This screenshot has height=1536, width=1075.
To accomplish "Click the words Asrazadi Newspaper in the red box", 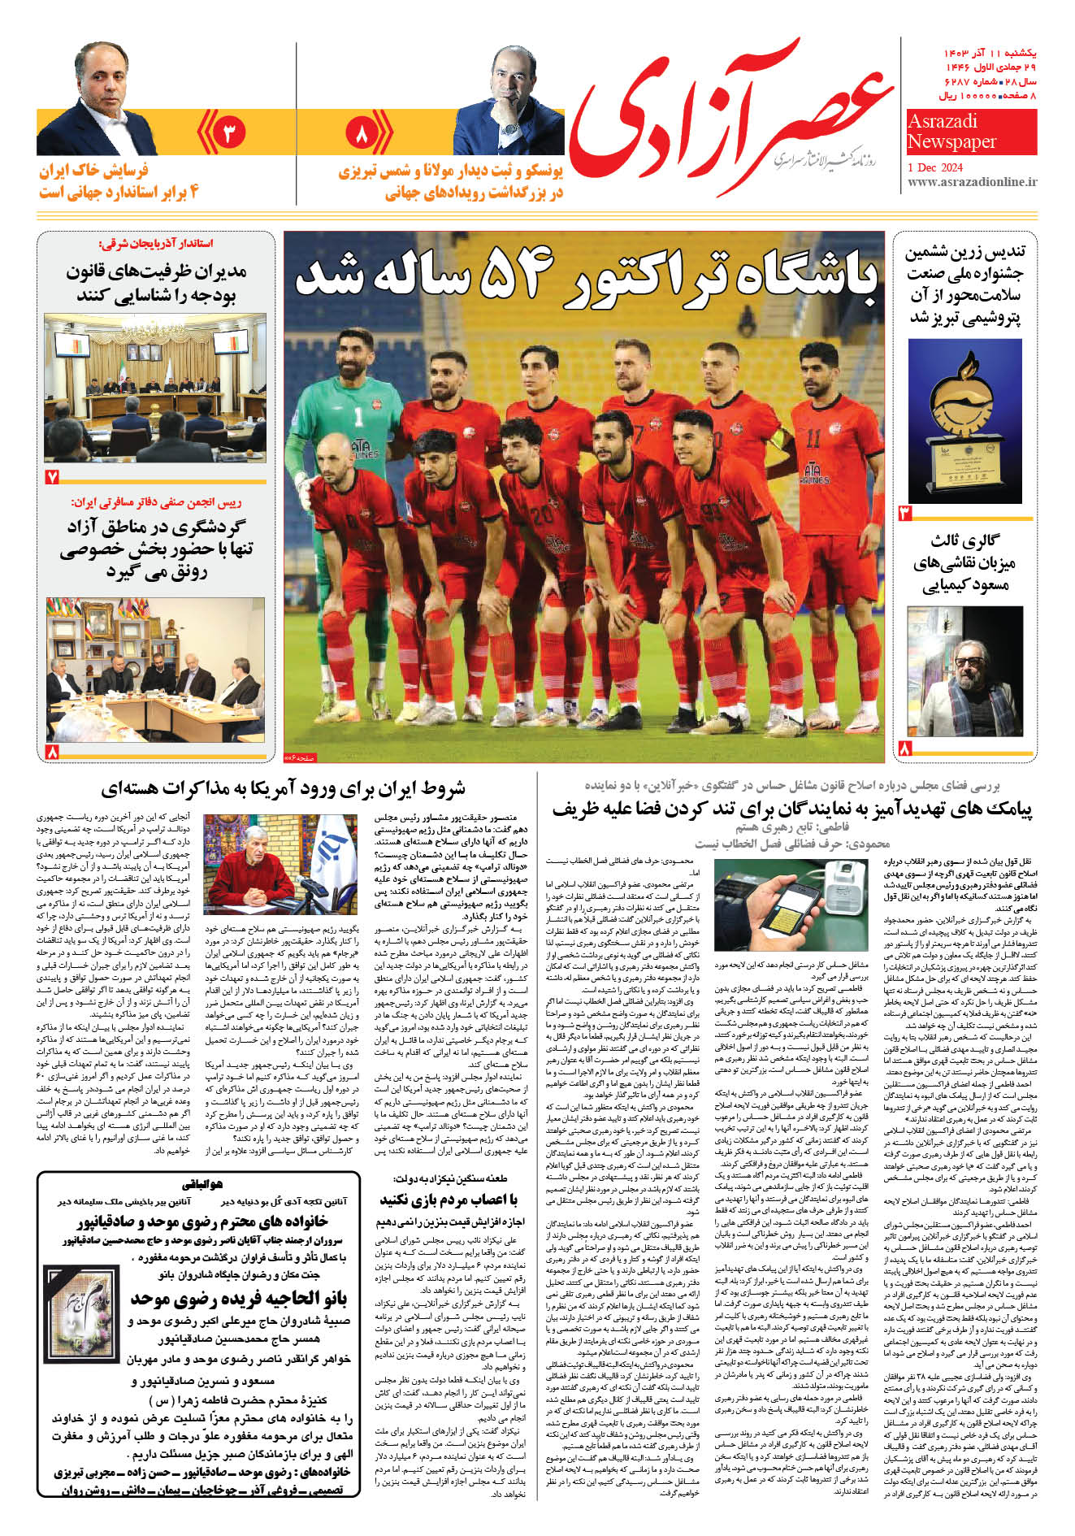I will (951, 132).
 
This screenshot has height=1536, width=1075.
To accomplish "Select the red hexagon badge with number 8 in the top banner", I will (362, 132).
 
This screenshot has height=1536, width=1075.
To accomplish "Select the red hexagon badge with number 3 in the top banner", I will (228, 132).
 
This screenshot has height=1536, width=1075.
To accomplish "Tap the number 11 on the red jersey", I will (813, 440).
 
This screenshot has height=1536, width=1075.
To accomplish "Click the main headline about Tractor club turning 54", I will (585, 276).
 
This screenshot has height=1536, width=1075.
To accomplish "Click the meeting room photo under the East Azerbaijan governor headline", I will (155, 388).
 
